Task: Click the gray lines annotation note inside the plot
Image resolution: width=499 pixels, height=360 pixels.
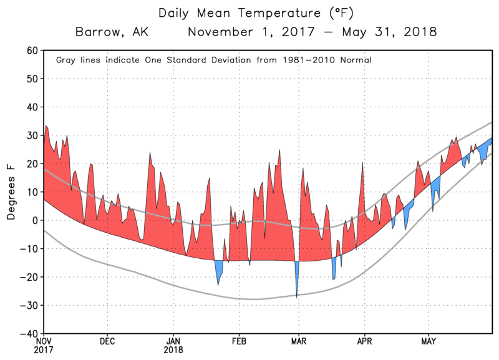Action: pyautogui.click(x=214, y=61)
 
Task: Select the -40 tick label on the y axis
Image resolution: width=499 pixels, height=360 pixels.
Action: pyautogui.click(x=28, y=334)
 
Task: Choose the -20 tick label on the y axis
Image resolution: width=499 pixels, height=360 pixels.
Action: pyautogui.click(x=28, y=277)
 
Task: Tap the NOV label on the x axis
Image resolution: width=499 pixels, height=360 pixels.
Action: pyautogui.click(x=43, y=341)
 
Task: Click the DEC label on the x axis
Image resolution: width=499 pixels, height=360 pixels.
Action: pyautogui.click(x=107, y=341)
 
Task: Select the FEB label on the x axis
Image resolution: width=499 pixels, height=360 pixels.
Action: pyautogui.click(x=238, y=341)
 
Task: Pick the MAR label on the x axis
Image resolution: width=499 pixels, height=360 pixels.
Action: pyautogui.click(x=298, y=341)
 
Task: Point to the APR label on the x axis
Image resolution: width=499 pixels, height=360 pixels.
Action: pyautogui.click(x=364, y=341)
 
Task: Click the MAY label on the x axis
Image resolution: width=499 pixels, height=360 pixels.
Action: pyautogui.click(x=428, y=341)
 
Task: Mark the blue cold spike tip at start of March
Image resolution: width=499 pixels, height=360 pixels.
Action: pyautogui.click(x=296, y=295)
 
